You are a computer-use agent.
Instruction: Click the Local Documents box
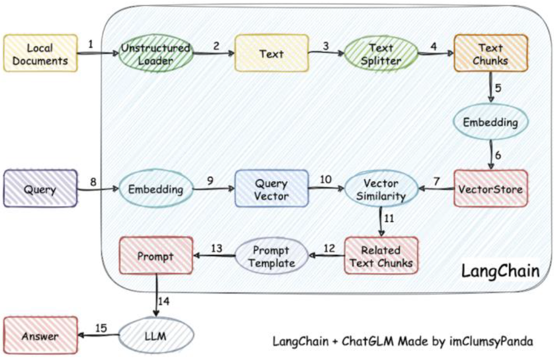pos(40,53)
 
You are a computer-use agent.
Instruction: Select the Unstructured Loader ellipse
pos(156,53)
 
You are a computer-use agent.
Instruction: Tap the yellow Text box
pos(271,53)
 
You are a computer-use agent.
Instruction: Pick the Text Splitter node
pos(381,53)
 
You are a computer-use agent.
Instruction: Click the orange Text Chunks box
pos(491,53)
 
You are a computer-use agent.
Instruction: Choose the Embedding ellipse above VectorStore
pos(491,122)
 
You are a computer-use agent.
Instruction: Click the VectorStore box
pos(491,188)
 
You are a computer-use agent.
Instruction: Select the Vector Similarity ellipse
pos(381,189)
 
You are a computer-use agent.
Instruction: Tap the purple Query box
pos(40,188)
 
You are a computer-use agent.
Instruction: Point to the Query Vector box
pos(271,188)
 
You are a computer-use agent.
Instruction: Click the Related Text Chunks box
pos(381,256)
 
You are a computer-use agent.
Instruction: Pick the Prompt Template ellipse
pos(271,256)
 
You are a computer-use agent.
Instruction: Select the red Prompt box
pos(156,256)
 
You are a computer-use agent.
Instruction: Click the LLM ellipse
pos(156,335)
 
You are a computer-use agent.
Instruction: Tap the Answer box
pos(40,335)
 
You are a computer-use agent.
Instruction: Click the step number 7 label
pos(437,181)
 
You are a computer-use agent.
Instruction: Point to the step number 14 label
pos(164,301)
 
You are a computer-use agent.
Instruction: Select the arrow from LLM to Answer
pos(98,335)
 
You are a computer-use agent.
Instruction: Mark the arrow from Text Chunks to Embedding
pos(491,88)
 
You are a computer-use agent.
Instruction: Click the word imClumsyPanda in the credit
pos(491,341)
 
